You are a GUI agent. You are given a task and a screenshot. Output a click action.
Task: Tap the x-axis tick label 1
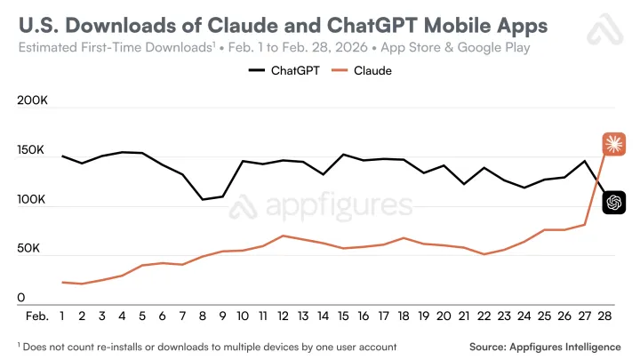(62, 316)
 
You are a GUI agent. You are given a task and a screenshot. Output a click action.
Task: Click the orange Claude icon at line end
(613, 144)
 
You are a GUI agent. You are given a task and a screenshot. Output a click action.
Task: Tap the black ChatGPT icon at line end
(613, 203)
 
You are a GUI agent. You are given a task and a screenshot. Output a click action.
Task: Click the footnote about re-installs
(206, 346)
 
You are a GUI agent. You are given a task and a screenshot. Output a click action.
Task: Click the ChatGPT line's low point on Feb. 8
(203, 199)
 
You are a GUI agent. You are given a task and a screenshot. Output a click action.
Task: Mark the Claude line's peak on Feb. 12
(282, 236)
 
